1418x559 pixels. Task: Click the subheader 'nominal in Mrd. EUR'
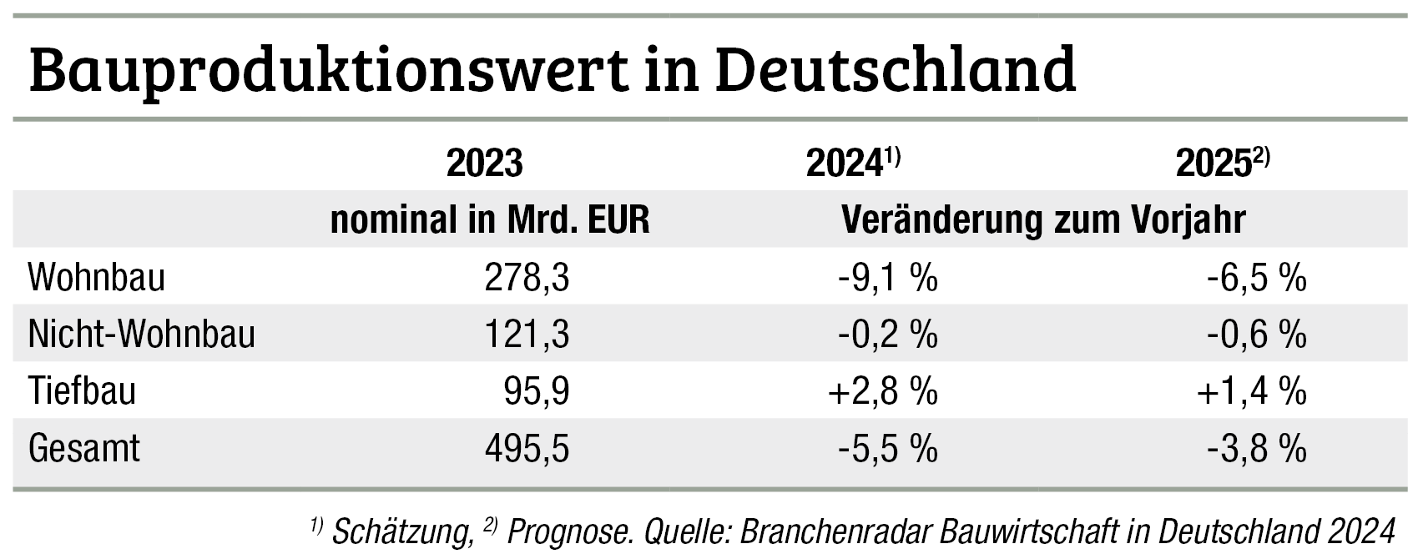pos(490,220)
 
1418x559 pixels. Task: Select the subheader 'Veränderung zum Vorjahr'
pos(1043,220)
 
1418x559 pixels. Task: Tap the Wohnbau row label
pos(97,278)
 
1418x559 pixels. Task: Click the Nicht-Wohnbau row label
pos(142,335)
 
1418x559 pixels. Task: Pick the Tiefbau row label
pos(82,391)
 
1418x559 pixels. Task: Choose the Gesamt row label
pos(84,449)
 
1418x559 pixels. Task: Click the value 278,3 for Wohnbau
pos(527,278)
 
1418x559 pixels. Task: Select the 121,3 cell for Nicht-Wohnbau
pos(527,335)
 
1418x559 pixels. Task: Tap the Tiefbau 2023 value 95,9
pos(537,391)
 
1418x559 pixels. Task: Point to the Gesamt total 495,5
pos(527,449)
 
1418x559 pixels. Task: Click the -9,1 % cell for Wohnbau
pos(888,278)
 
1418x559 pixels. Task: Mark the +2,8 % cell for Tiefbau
pos(883,391)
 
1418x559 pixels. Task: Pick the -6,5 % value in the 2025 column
pos(1256,278)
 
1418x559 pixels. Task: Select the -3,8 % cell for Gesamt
pos(1256,449)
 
